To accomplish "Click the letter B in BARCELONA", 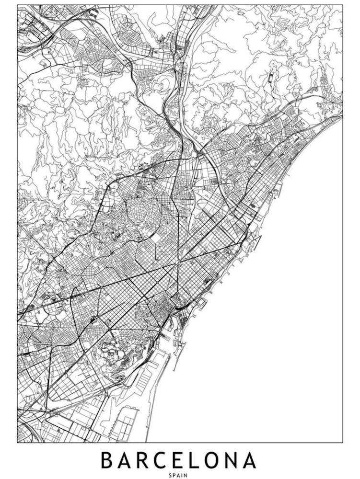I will click(106, 460).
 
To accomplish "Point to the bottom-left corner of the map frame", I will click(17, 442).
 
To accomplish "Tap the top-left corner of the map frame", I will click(17, 5).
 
